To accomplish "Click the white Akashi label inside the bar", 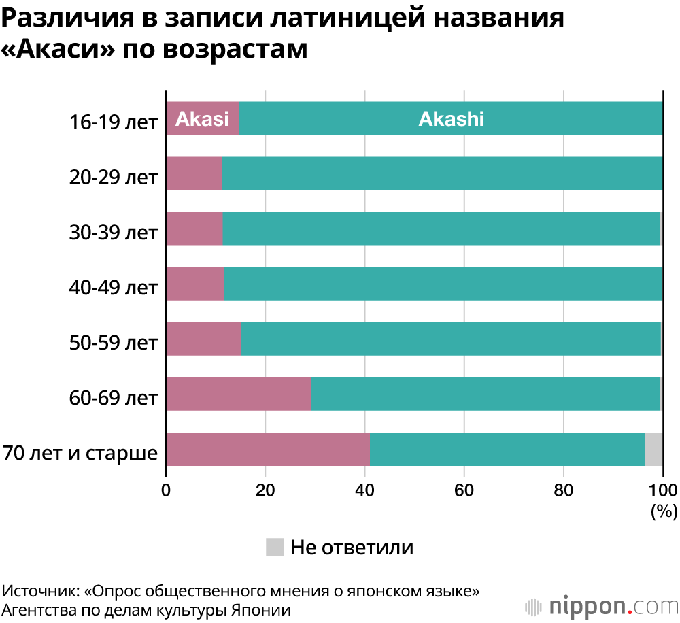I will [451, 119].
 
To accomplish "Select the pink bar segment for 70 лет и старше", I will [267, 449].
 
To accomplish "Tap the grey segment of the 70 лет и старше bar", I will [653, 449].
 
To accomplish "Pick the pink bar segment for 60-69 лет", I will [238, 394].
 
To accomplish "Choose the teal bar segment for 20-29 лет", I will [442, 173].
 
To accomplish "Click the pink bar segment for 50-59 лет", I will [203, 339].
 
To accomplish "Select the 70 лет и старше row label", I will [80, 452].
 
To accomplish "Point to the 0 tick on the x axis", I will [166, 490].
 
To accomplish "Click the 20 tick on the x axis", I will [265, 490].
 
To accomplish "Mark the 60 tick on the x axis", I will [464, 490].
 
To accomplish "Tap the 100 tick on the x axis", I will [663, 490].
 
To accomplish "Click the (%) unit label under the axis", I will [664, 511].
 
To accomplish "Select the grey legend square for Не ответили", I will [275, 546].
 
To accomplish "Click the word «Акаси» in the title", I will [56, 49].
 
